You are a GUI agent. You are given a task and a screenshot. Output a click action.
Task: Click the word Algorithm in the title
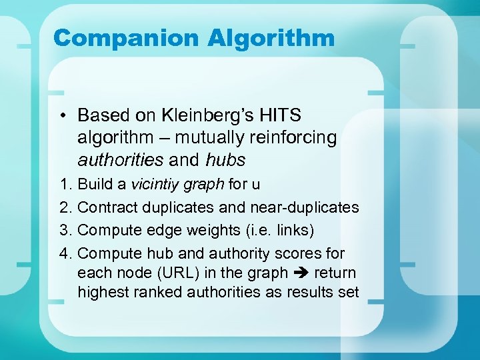point(271,37)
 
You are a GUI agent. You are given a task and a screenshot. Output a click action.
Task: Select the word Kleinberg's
point(204,115)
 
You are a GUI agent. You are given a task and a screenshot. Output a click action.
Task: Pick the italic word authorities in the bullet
point(120,160)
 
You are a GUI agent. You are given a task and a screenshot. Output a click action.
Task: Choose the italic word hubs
point(225,160)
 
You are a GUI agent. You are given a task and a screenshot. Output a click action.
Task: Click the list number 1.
point(64,184)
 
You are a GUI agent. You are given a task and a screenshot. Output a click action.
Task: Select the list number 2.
point(64,207)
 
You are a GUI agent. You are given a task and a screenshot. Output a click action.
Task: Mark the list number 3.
point(64,230)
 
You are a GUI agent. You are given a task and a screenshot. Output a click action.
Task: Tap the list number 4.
point(64,253)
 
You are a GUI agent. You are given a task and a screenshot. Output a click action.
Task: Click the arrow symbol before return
point(301,273)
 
